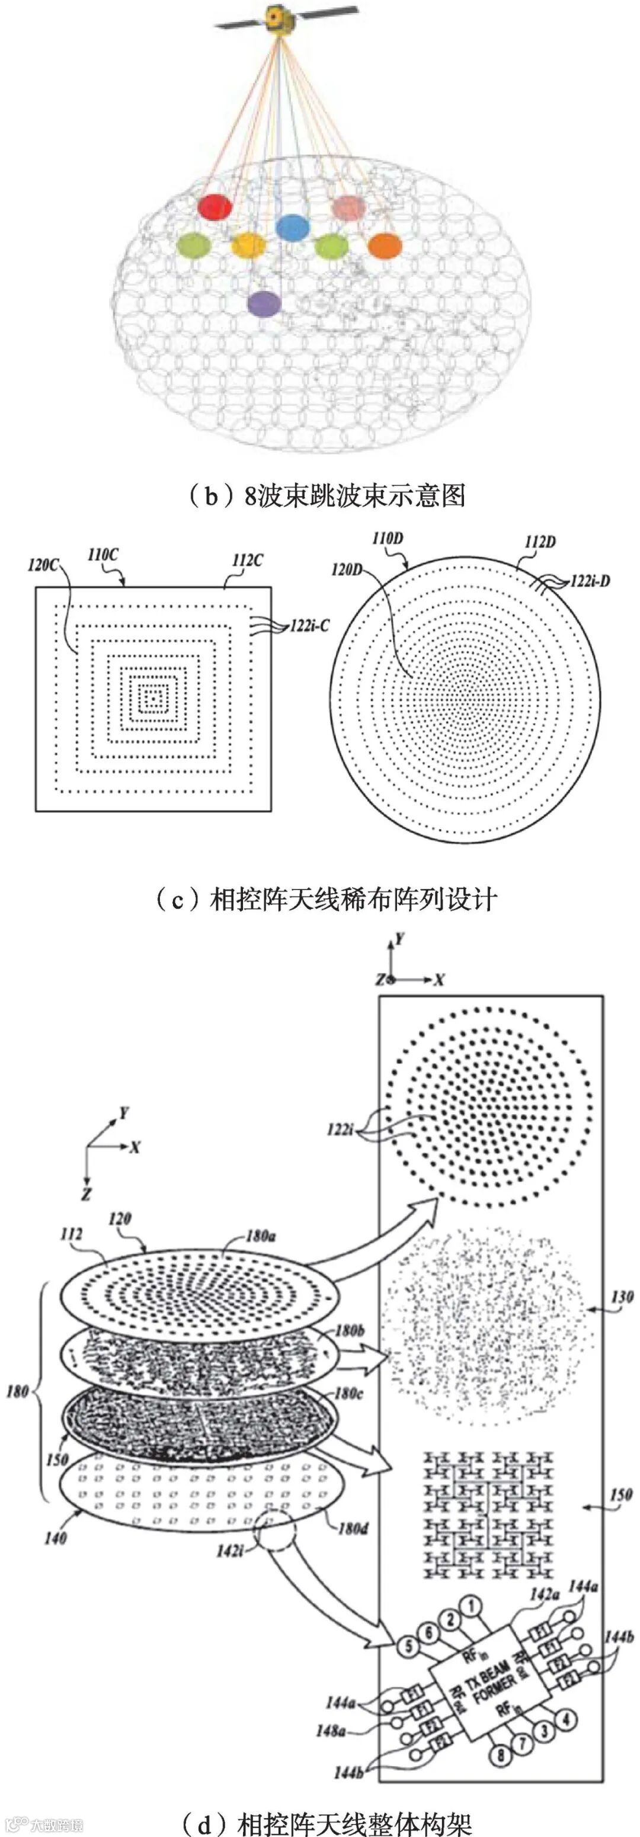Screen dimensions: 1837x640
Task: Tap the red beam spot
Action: coord(215,207)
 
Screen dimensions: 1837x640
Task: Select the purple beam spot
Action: coord(264,303)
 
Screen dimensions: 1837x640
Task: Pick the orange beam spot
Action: coord(385,245)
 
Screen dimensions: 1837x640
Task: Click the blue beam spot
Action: coord(293,227)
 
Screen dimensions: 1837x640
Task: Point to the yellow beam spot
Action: coord(248,245)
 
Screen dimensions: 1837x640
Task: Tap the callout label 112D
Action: coord(539,542)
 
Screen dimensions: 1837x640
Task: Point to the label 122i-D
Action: coord(590,581)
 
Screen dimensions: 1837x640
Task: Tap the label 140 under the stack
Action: coord(55,1538)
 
